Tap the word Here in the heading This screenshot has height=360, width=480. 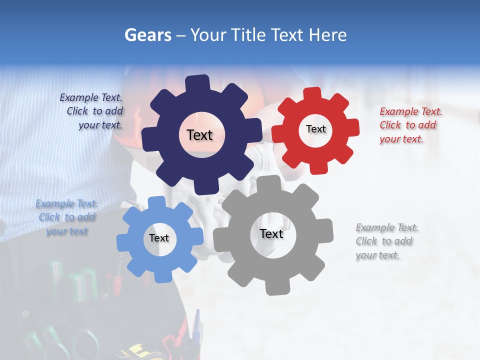pyautogui.click(x=327, y=35)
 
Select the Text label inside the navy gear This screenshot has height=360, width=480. pyautogui.click(x=199, y=135)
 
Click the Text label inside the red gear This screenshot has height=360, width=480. pyautogui.click(x=315, y=129)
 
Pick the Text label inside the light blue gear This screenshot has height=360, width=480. pyautogui.click(x=159, y=238)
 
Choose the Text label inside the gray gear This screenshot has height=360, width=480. pyautogui.click(x=271, y=233)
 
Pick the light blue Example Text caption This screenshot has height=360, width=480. pyautogui.click(x=67, y=217)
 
